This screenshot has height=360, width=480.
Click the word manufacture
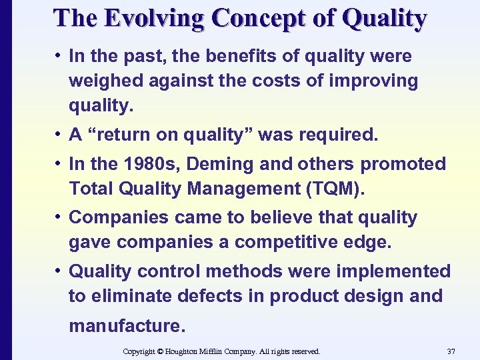tap(124, 326)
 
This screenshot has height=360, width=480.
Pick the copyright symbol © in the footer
tap(159, 351)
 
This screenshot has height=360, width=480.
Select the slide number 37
tap(452, 351)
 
